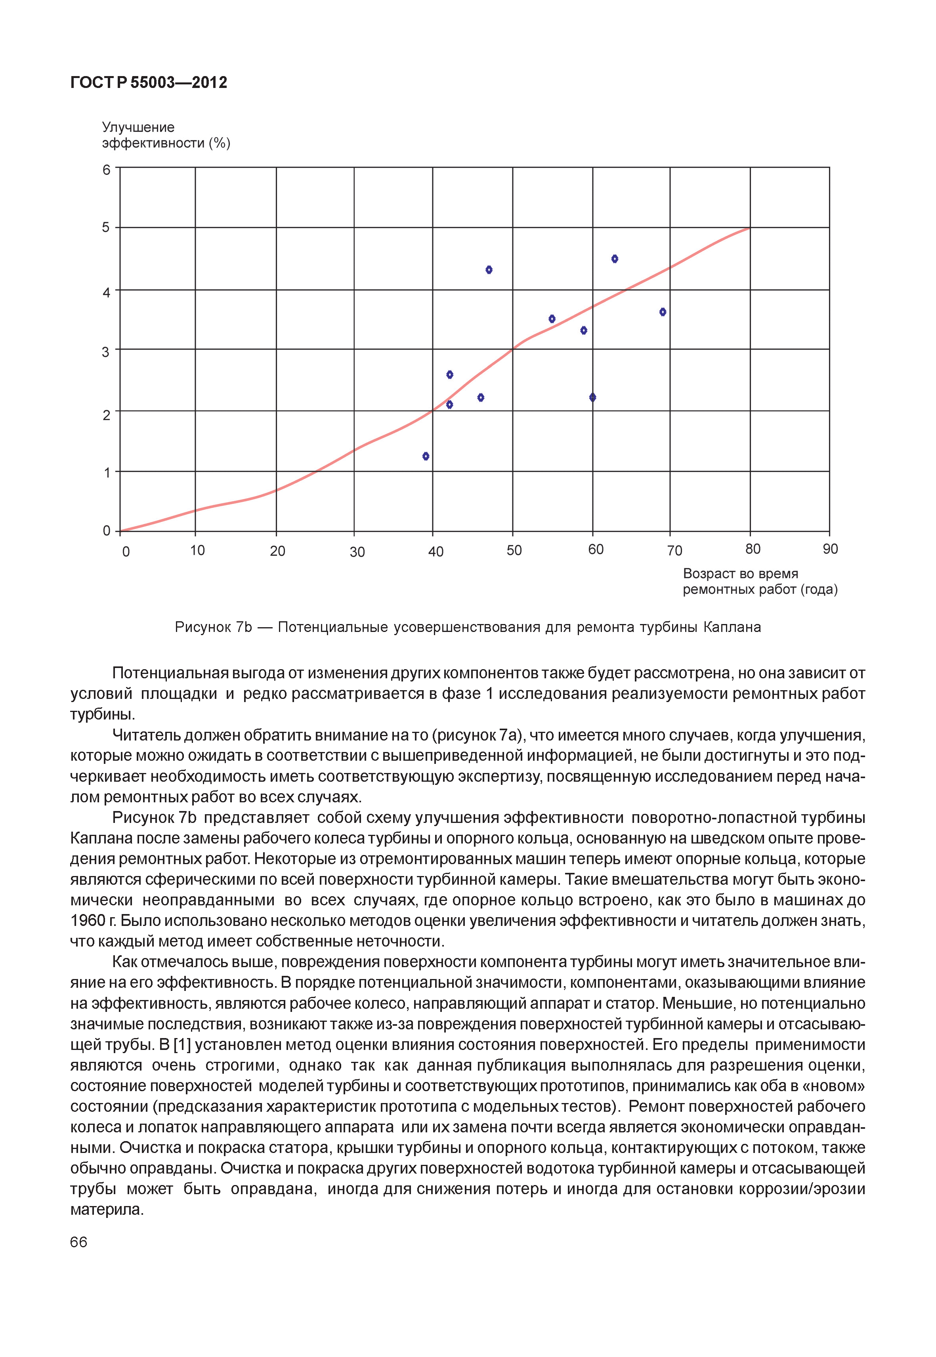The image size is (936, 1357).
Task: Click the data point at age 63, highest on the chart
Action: tap(615, 259)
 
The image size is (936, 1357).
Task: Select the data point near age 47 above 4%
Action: tap(489, 270)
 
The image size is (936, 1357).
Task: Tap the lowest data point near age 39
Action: tap(426, 456)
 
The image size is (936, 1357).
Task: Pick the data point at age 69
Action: tap(663, 312)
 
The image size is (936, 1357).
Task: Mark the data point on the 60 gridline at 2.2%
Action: tap(592, 398)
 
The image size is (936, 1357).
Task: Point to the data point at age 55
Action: tap(552, 319)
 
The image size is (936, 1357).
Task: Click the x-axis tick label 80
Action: tap(753, 549)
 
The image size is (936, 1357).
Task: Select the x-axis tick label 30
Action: tap(357, 552)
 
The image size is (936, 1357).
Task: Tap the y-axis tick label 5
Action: tap(106, 227)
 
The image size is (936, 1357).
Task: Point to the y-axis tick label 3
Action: tap(106, 352)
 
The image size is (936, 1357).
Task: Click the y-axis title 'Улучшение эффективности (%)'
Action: tap(166, 136)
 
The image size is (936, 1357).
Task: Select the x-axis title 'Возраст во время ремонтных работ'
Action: tap(760, 582)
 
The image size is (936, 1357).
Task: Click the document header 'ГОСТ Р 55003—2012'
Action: tap(148, 83)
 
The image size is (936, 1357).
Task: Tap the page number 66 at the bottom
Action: tap(78, 1242)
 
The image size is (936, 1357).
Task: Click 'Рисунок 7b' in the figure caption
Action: tap(213, 628)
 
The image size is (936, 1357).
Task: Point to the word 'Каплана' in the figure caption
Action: tap(732, 628)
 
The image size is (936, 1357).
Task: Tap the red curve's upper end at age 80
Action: tap(749, 227)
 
